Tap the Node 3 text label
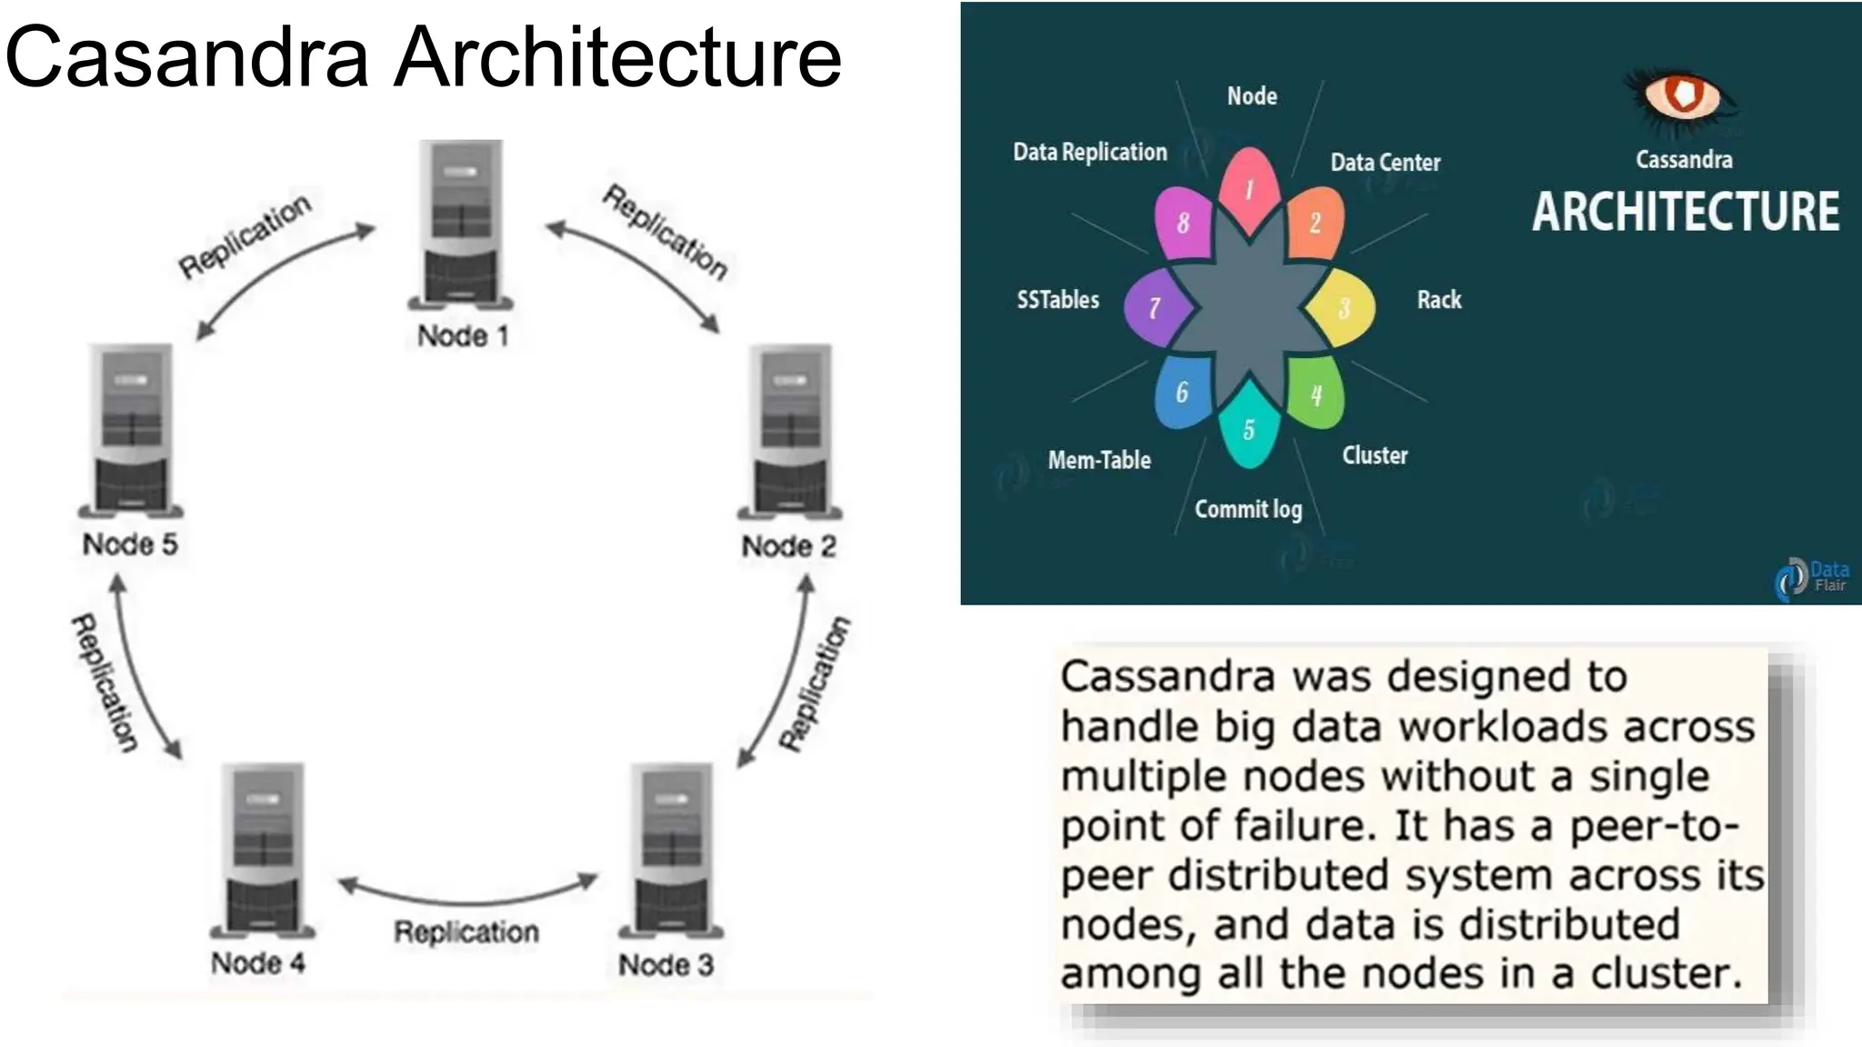click(666, 964)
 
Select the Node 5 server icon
click(132, 428)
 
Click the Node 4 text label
click(257, 962)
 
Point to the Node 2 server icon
click(790, 429)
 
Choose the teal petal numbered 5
click(1248, 428)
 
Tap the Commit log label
click(1247, 509)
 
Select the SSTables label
click(1057, 299)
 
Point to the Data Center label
click(1385, 163)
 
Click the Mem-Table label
click(1098, 460)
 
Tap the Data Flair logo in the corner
click(1812, 577)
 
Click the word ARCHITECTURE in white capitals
click(1685, 212)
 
